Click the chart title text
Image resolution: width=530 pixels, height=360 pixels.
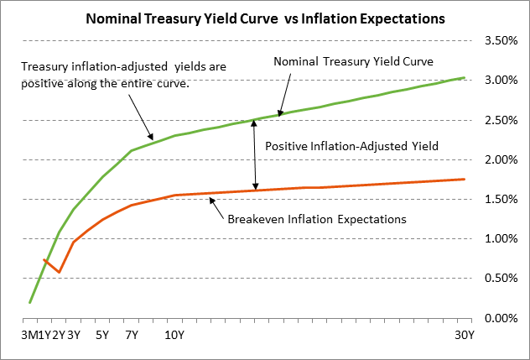[264, 16]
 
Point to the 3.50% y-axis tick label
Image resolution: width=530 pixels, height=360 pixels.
[501, 40]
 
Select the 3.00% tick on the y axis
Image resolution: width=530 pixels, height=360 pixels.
[501, 80]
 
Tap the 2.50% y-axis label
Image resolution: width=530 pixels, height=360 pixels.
[501, 120]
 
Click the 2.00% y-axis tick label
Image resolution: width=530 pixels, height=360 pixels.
[501, 159]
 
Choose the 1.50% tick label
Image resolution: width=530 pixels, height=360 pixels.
[501, 199]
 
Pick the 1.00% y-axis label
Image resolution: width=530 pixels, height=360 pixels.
[501, 238]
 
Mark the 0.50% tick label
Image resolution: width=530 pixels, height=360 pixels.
[501, 279]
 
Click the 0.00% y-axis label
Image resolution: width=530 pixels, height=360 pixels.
[501, 318]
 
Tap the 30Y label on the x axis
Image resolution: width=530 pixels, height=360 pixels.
[464, 335]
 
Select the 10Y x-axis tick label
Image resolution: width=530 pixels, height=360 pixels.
[174, 335]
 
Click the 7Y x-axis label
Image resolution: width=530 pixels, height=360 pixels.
[131, 335]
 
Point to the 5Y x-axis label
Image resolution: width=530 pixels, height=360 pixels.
[102, 335]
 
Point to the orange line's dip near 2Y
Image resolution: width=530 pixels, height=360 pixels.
[59, 272]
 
